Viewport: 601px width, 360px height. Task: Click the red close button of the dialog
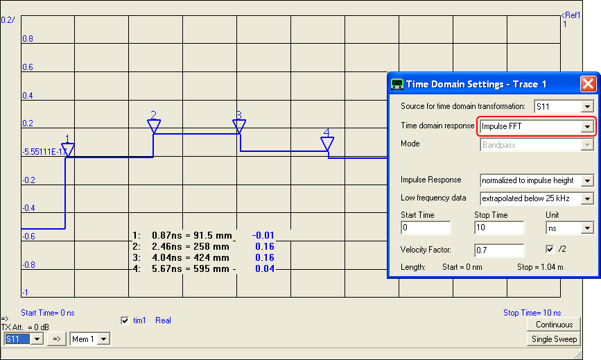pyautogui.click(x=588, y=84)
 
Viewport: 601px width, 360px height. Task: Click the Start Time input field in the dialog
pyautogui.click(x=426, y=228)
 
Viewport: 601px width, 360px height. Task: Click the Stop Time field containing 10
pyautogui.click(x=498, y=228)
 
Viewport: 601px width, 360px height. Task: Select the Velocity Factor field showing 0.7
pyautogui.click(x=498, y=250)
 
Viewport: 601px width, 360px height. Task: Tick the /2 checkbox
pyautogui.click(x=550, y=249)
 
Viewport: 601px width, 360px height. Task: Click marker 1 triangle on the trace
pyautogui.click(x=67, y=150)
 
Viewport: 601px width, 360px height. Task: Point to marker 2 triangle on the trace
pyautogui.click(x=154, y=126)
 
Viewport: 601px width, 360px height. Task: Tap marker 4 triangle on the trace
pyautogui.click(x=327, y=144)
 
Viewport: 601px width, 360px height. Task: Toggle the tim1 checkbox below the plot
pyautogui.click(x=125, y=320)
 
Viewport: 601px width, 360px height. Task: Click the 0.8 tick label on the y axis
pyautogui.click(x=27, y=39)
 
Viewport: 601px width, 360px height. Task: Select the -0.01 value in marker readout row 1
pyautogui.click(x=263, y=235)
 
